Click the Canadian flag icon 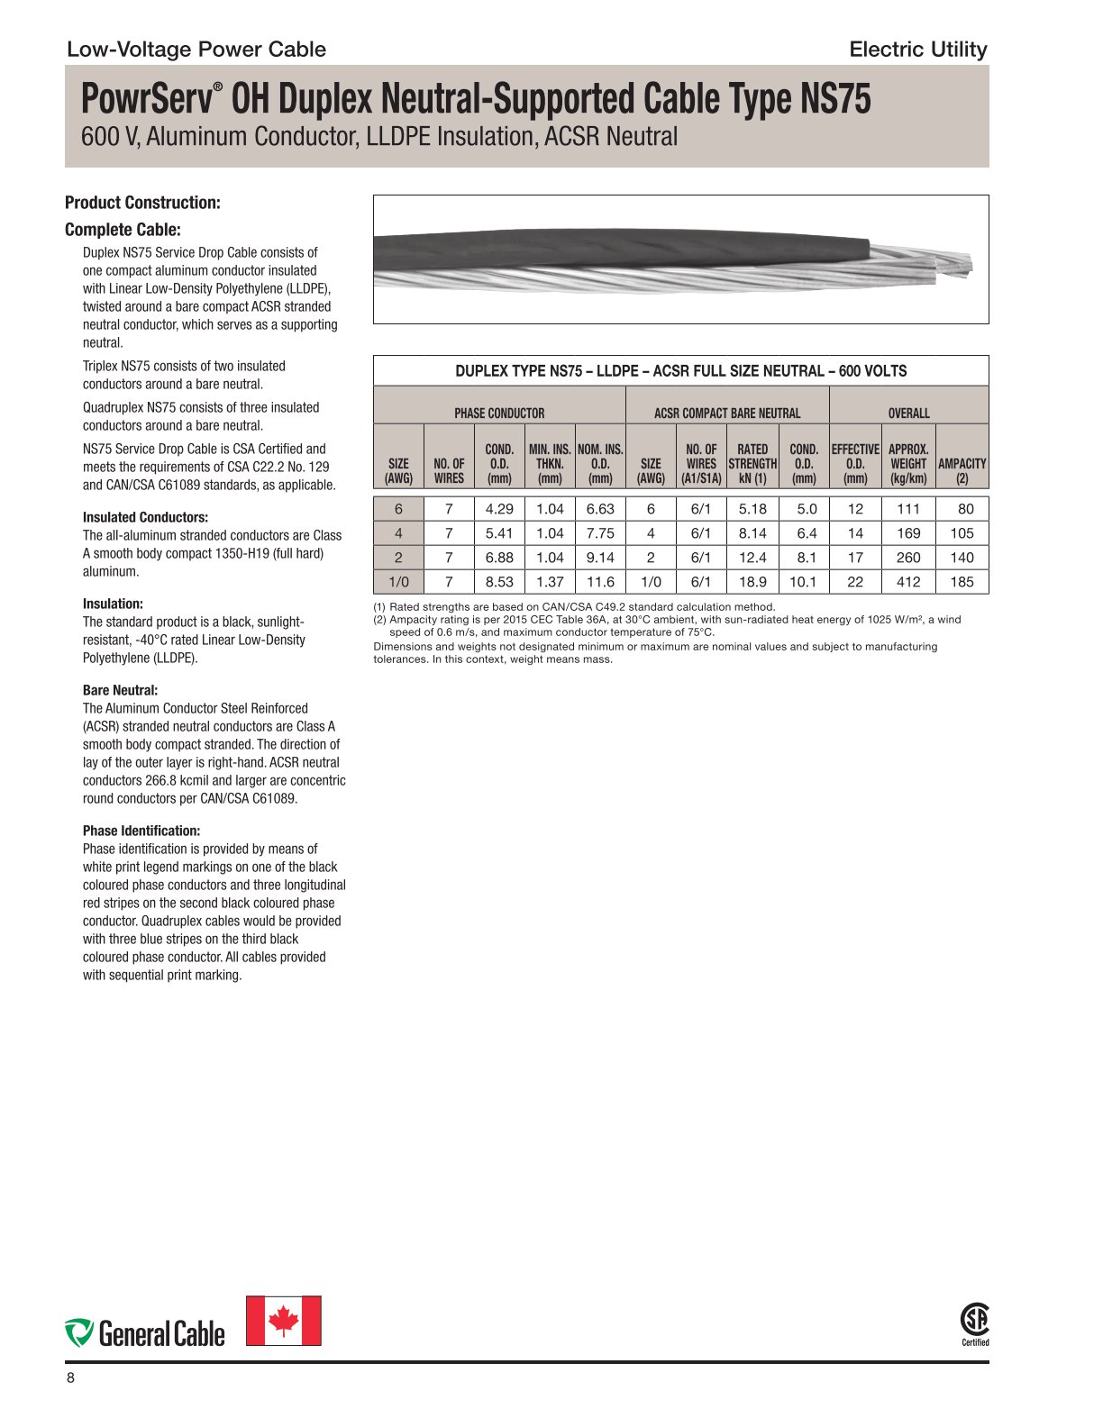(284, 1321)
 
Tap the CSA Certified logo (975, 1323)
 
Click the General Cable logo (145, 1332)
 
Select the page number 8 (70, 1378)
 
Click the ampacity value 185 (962, 582)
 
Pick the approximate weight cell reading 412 (908, 582)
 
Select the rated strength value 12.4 (752, 558)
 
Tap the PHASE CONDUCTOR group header (499, 413)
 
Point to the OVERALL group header (908, 413)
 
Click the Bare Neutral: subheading (120, 690)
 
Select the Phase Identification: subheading (141, 831)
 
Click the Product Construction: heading (142, 203)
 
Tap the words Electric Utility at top (917, 50)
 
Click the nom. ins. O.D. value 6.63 (600, 509)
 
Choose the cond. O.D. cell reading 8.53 (499, 582)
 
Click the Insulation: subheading (113, 604)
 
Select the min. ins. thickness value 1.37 (550, 582)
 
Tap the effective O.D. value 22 (855, 582)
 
